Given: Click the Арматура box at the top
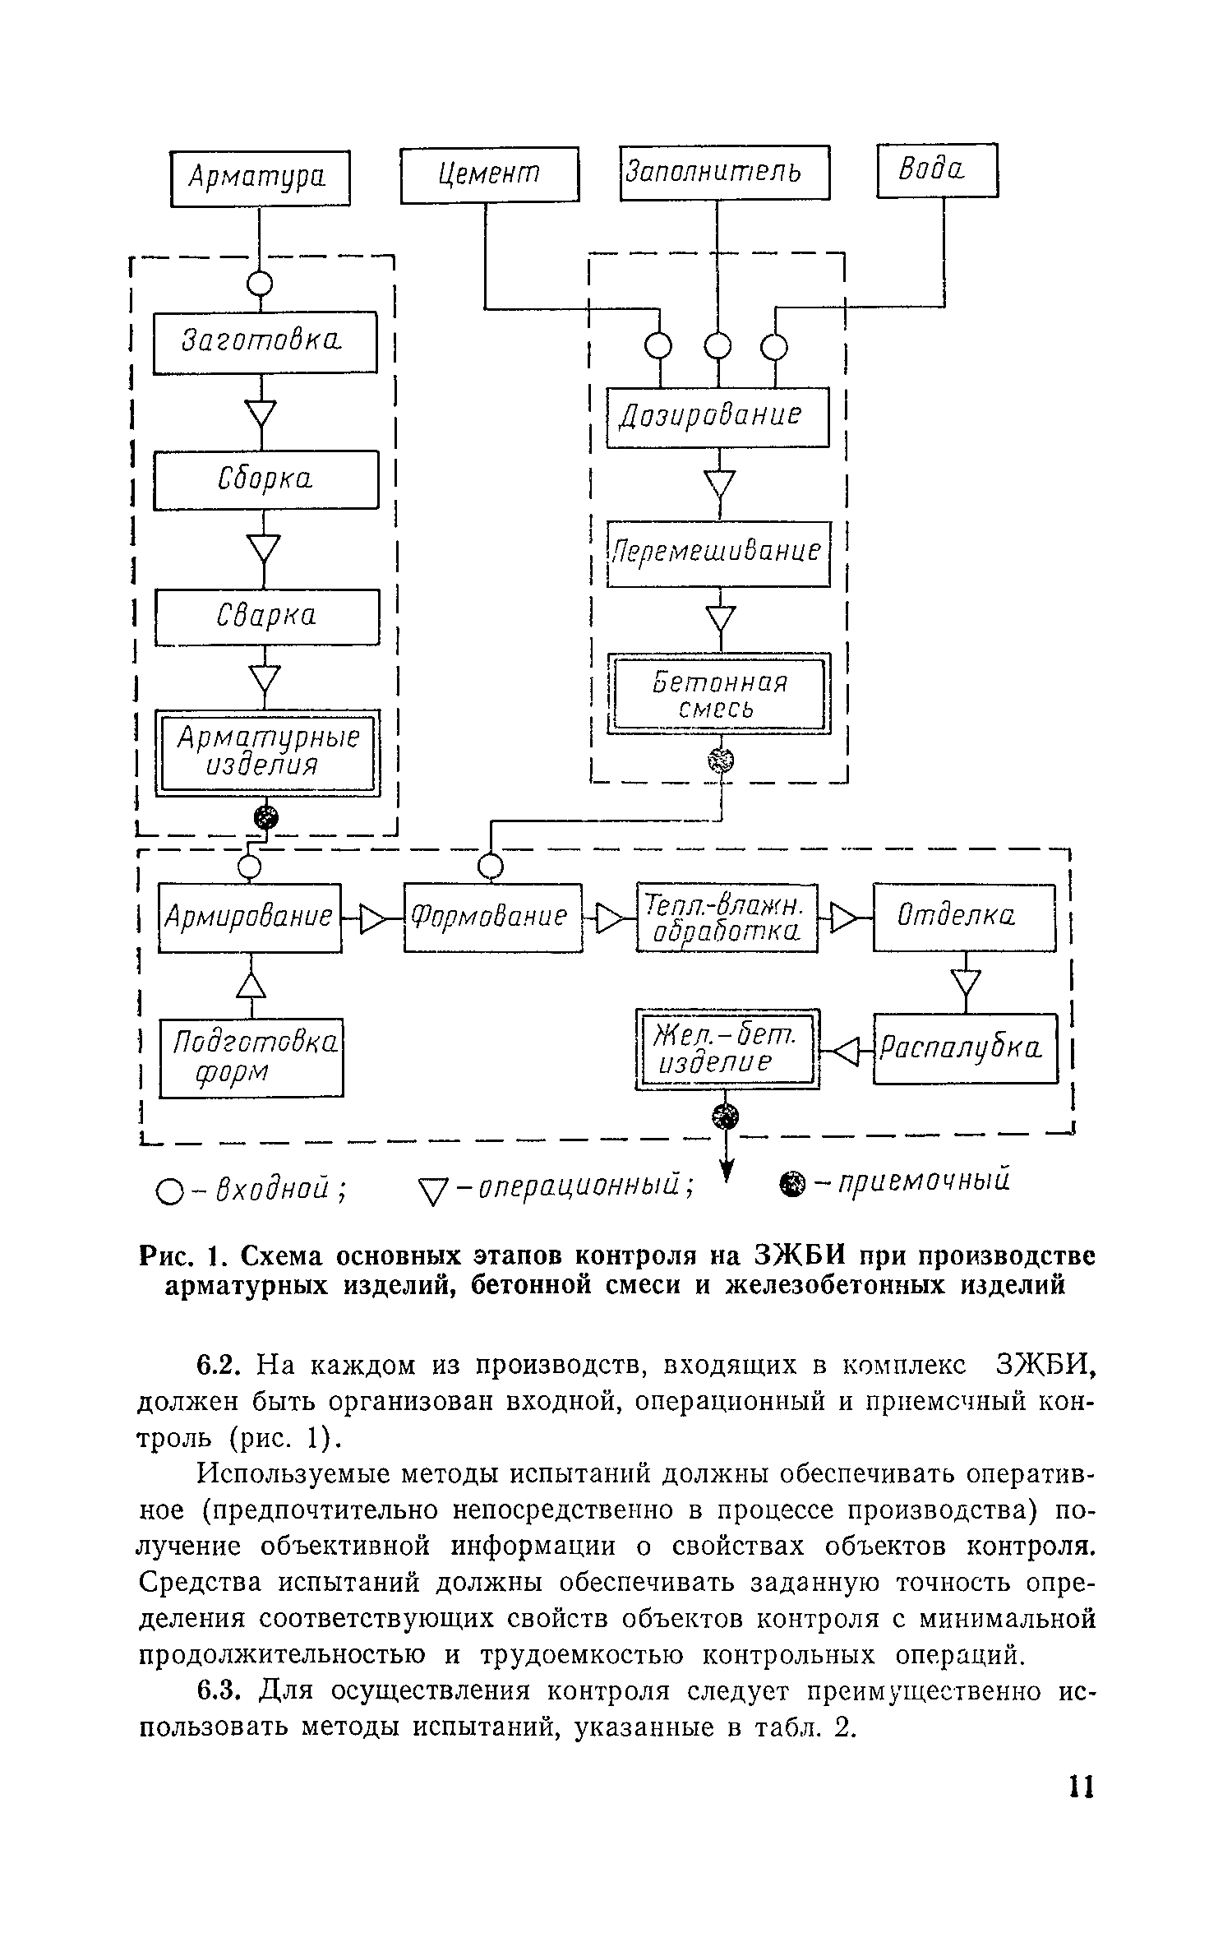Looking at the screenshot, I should [260, 177].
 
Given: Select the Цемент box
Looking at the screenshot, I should [489, 174].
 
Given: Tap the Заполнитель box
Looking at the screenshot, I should [724, 173].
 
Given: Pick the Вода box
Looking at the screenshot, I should [937, 170].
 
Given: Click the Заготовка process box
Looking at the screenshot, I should [265, 342].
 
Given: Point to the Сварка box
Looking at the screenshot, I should [267, 617].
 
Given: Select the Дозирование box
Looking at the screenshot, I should [717, 417].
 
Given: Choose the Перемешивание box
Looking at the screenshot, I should [718, 553].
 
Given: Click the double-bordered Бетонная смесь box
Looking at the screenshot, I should [718, 694].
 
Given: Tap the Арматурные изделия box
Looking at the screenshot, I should [268, 752].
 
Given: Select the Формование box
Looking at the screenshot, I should [492, 917].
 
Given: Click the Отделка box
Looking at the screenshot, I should [963, 917].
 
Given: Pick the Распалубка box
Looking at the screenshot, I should [965, 1049].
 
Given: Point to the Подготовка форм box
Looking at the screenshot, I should [251, 1057].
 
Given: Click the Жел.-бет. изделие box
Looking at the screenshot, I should [727, 1049].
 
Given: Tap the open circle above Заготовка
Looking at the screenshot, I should [261, 284].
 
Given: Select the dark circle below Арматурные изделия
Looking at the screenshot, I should [265, 816].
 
